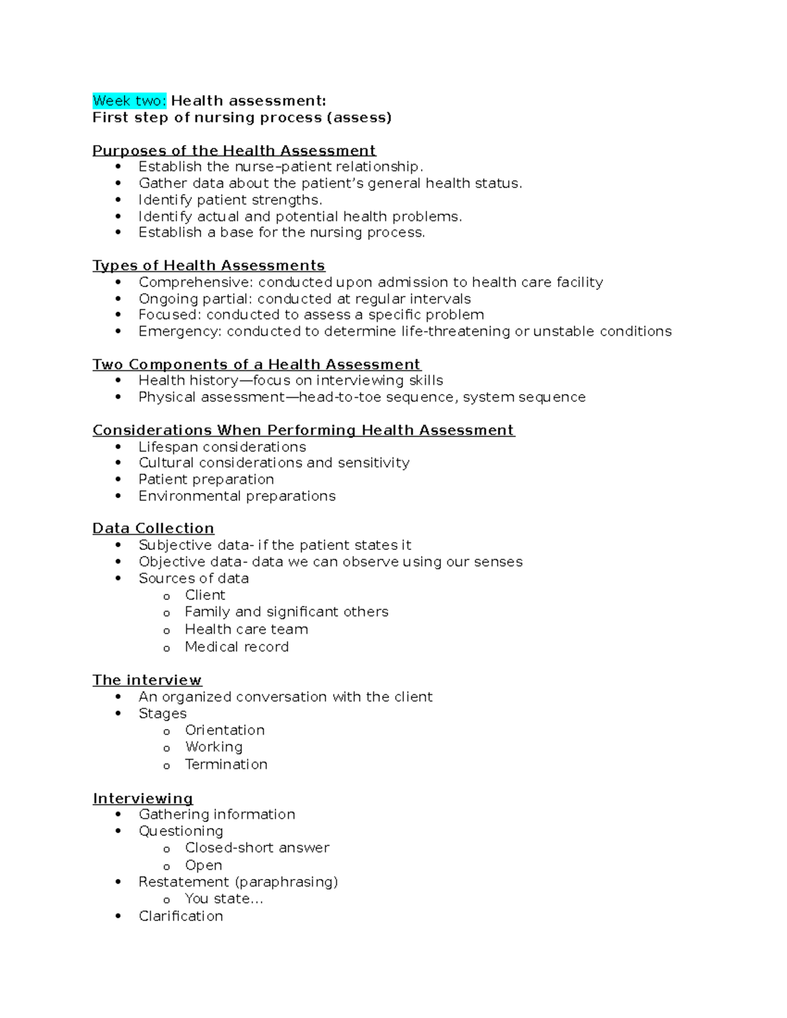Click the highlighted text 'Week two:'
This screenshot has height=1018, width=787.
130,101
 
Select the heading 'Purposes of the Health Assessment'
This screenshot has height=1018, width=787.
234,151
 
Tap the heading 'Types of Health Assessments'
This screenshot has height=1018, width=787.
209,265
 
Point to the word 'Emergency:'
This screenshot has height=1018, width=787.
180,332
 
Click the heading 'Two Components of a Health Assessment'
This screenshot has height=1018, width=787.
256,364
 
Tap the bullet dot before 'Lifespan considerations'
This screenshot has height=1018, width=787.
118,447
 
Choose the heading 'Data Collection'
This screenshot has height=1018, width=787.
153,528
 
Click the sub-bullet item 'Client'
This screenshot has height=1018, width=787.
205,595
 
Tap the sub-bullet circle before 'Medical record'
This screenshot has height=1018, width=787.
167,648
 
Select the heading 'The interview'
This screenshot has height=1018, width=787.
147,680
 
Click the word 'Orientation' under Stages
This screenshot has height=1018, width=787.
225,730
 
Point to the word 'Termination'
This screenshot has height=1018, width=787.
226,764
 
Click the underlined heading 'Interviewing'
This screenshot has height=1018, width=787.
142,798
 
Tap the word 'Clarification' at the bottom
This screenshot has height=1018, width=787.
180,916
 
